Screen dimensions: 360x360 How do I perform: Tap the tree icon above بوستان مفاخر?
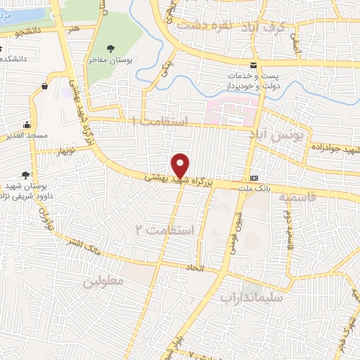point(110,48)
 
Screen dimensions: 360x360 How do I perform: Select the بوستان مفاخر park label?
point(110,60)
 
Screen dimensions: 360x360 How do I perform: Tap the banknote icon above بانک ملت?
point(254,178)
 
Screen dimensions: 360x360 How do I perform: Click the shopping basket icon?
point(44,86)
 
